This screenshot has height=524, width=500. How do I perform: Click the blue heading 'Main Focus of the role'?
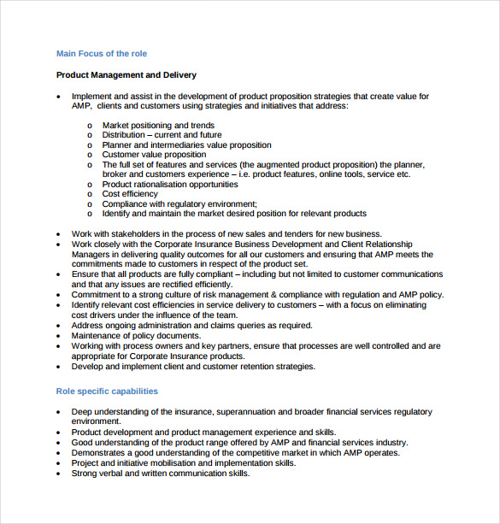coord(102,54)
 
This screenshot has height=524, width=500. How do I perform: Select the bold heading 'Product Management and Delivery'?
coord(126,75)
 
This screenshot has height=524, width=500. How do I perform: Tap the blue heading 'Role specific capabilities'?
coord(107,392)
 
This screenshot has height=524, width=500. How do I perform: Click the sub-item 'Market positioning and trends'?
coord(158,126)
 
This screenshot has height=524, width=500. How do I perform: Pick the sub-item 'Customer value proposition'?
coord(154,155)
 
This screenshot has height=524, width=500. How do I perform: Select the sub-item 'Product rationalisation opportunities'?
coord(170,184)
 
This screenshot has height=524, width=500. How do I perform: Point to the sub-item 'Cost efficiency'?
coord(130,194)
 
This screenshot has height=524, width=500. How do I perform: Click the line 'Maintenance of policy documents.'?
coord(137,336)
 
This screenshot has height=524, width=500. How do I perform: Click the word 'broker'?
coord(116,174)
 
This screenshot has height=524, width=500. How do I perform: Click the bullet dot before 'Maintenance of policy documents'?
coord(58,336)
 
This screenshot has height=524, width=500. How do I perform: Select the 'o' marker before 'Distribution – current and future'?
coord(90,136)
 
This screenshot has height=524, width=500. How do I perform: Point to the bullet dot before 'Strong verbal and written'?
coord(58,474)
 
